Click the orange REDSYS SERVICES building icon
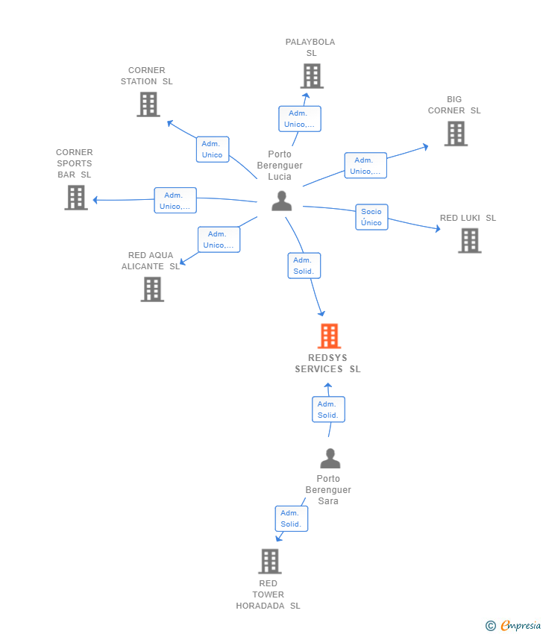pos(329,336)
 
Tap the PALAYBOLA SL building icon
pos(312,76)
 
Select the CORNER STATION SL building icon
pos(148,104)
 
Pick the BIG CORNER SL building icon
pos(456,134)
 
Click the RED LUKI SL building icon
pos(469,241)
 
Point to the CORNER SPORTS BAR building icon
pos(76,198)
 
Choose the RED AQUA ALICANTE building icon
pos(152,289)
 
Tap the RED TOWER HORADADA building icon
pos(269,561)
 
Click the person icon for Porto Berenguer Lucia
pos(281,201)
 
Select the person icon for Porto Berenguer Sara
pos(330,458)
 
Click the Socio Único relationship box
pos(371,217)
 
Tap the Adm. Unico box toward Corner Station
pos(212,149)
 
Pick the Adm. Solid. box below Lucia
pos(304,266)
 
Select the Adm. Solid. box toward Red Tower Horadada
pos(291,518)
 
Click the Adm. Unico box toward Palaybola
pos(300,119)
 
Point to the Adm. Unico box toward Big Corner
pos(365,166)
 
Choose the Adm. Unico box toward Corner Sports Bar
pos(175,201)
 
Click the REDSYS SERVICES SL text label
pos(327,363)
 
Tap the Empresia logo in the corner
pos(514,625)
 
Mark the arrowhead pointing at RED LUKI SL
pos(437,229)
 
